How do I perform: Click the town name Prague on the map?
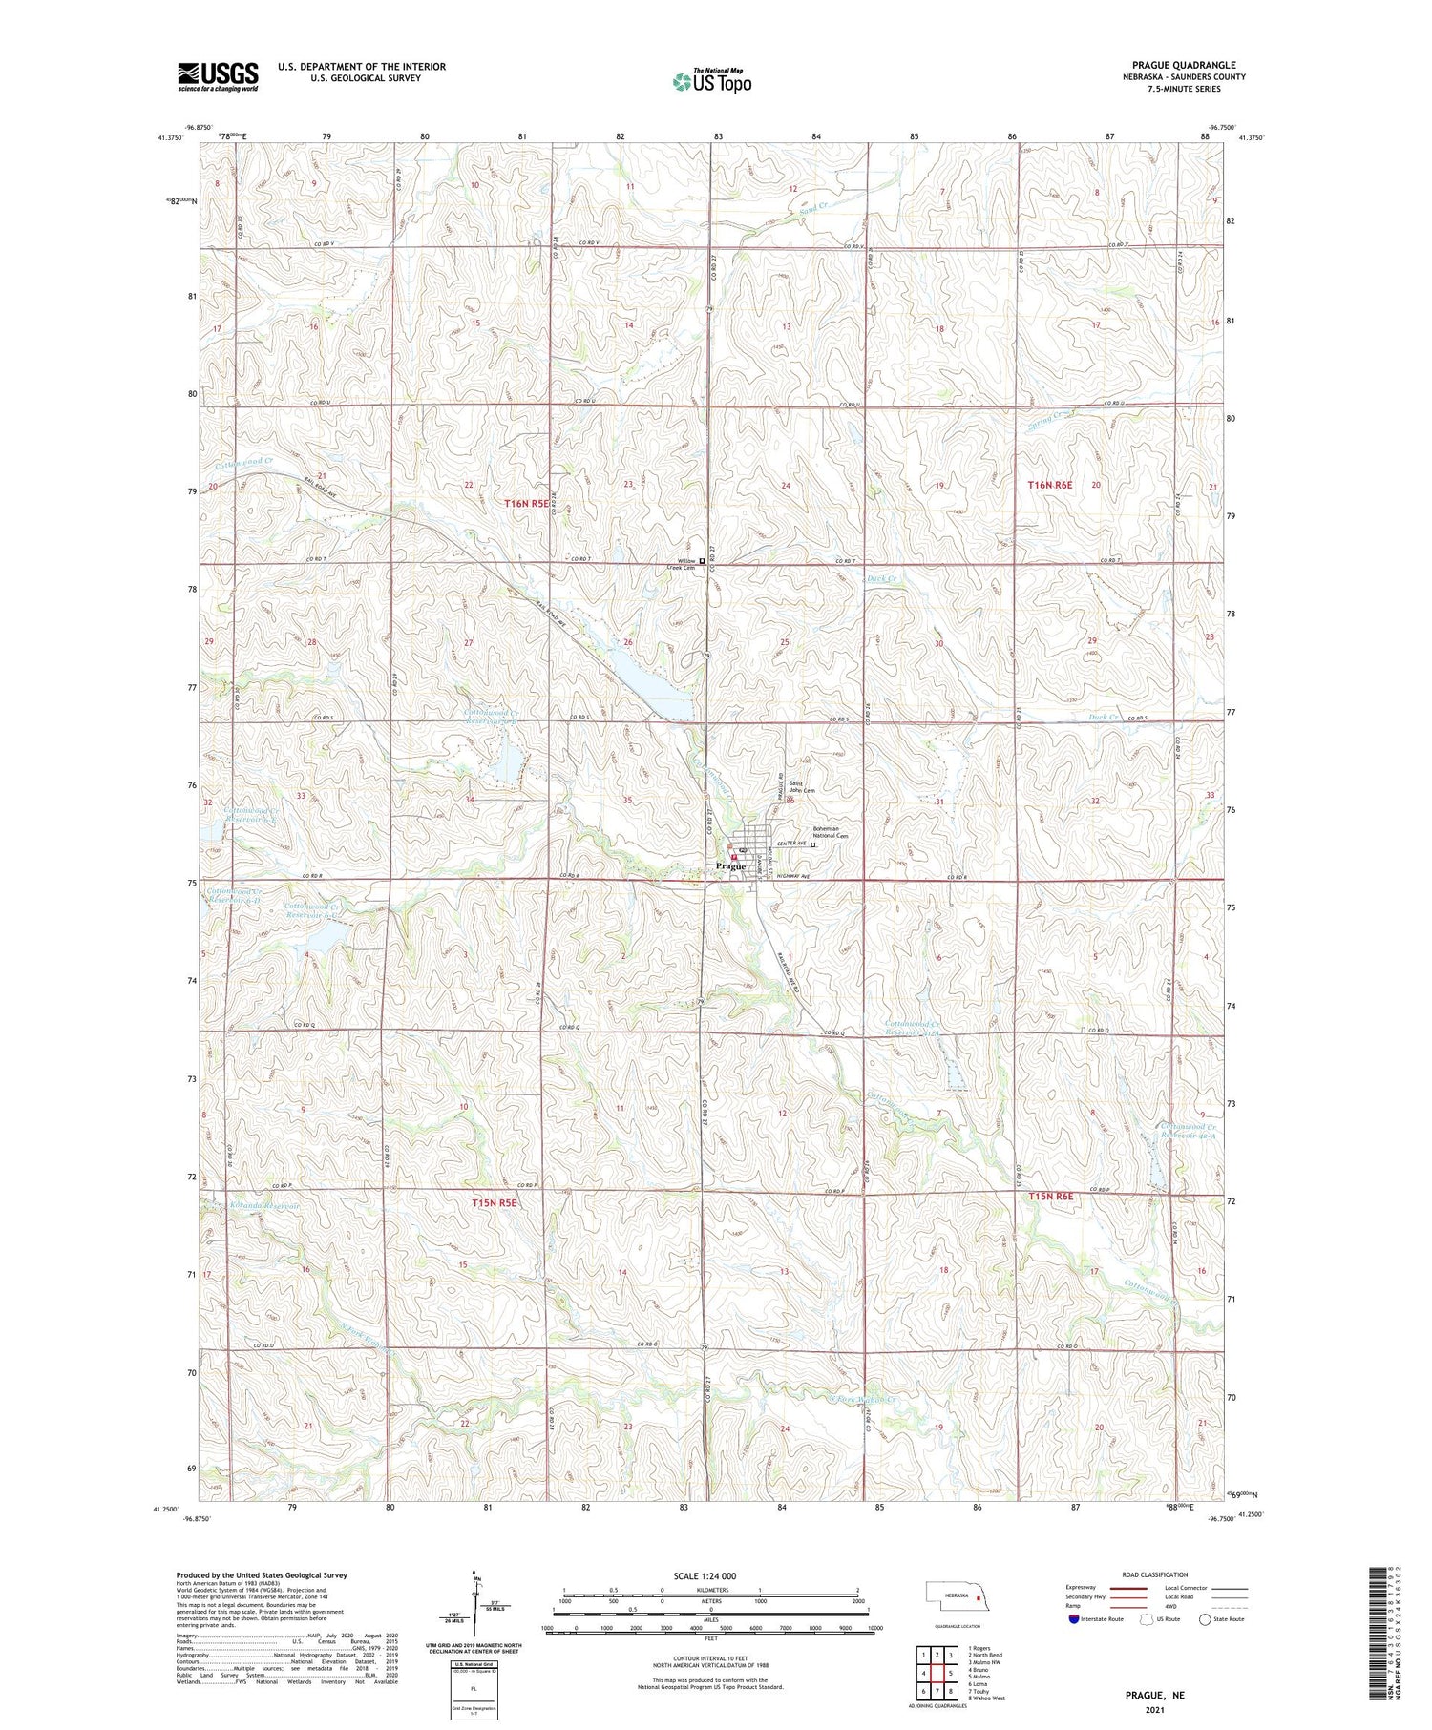click(729, 866)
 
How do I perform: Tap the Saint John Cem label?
click(801, 788)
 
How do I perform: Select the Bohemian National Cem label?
click(830, 832)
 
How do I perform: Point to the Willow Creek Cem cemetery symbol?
click(703, 561)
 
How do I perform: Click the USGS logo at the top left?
click(218, 76)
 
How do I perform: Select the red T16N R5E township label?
click(527, 502)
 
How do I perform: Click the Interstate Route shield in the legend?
click(1074, 1618)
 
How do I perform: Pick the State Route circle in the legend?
click(1205, 1618)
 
